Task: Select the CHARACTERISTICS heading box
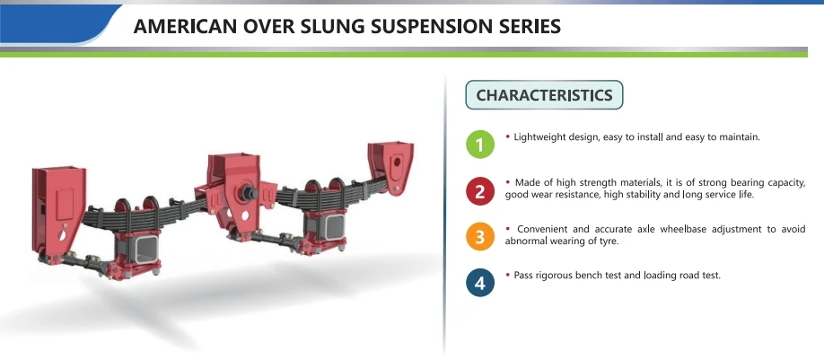tap(544, 95)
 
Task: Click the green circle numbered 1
tap(480, 144)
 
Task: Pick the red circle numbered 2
tap(480, 189)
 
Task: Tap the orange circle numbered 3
tap(480, 236)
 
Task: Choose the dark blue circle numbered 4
tap(480, 283)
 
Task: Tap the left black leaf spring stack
tap(135, 211)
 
